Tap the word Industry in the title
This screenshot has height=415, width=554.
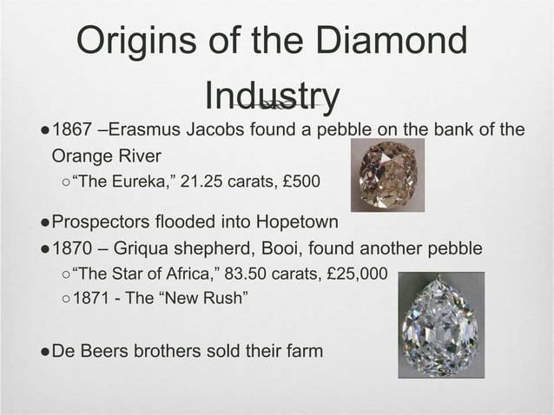click(x=273, y=96)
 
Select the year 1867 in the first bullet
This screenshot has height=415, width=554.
click(x=76, y=131)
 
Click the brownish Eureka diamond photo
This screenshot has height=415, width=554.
click(x=387, y=175)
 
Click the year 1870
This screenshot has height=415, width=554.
click(x=76, y=249)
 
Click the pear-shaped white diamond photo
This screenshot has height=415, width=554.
click(x=441, y=324)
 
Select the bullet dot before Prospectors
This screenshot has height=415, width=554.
click(x=43, y=224)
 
